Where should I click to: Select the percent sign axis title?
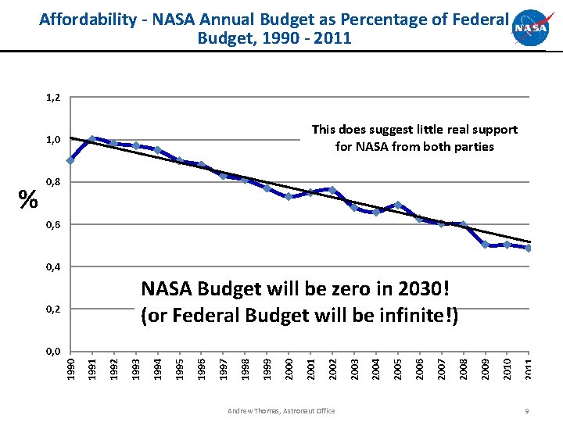28,200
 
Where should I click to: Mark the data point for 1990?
70,160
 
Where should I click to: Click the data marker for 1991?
92,139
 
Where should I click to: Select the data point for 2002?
332,190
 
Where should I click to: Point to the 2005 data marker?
398,205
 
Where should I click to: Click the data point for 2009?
486,245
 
